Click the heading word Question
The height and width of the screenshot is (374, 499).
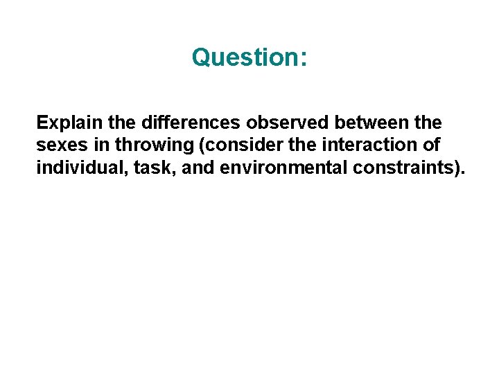tap(245, 57)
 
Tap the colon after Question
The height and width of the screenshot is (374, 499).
tap(303, 58)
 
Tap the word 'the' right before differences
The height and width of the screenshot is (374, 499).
tap(122, 123)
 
